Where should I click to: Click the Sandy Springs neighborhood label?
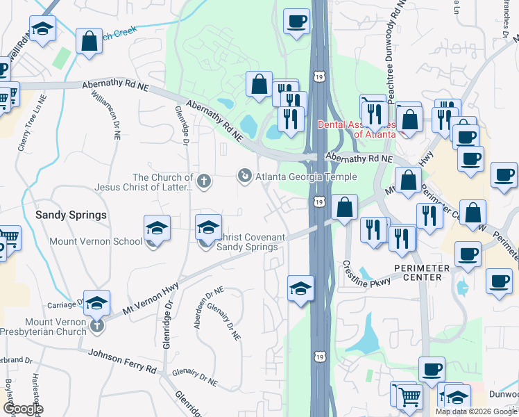point(71,215)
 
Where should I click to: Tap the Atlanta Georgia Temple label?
point(306,177)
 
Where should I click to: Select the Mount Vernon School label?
point(96,242)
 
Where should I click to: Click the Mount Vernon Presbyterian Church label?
point(56,327)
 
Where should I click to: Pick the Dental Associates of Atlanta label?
point(357,129)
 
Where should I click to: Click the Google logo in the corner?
point(23,409)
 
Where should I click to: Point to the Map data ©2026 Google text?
point(476,411)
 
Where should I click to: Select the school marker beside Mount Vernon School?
point(157,228)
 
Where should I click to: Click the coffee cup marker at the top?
point(296,22)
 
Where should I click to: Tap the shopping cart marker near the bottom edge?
point(409,397)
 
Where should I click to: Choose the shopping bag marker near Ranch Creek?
point(89,41)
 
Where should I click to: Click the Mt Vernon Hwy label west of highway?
point(151,296)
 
